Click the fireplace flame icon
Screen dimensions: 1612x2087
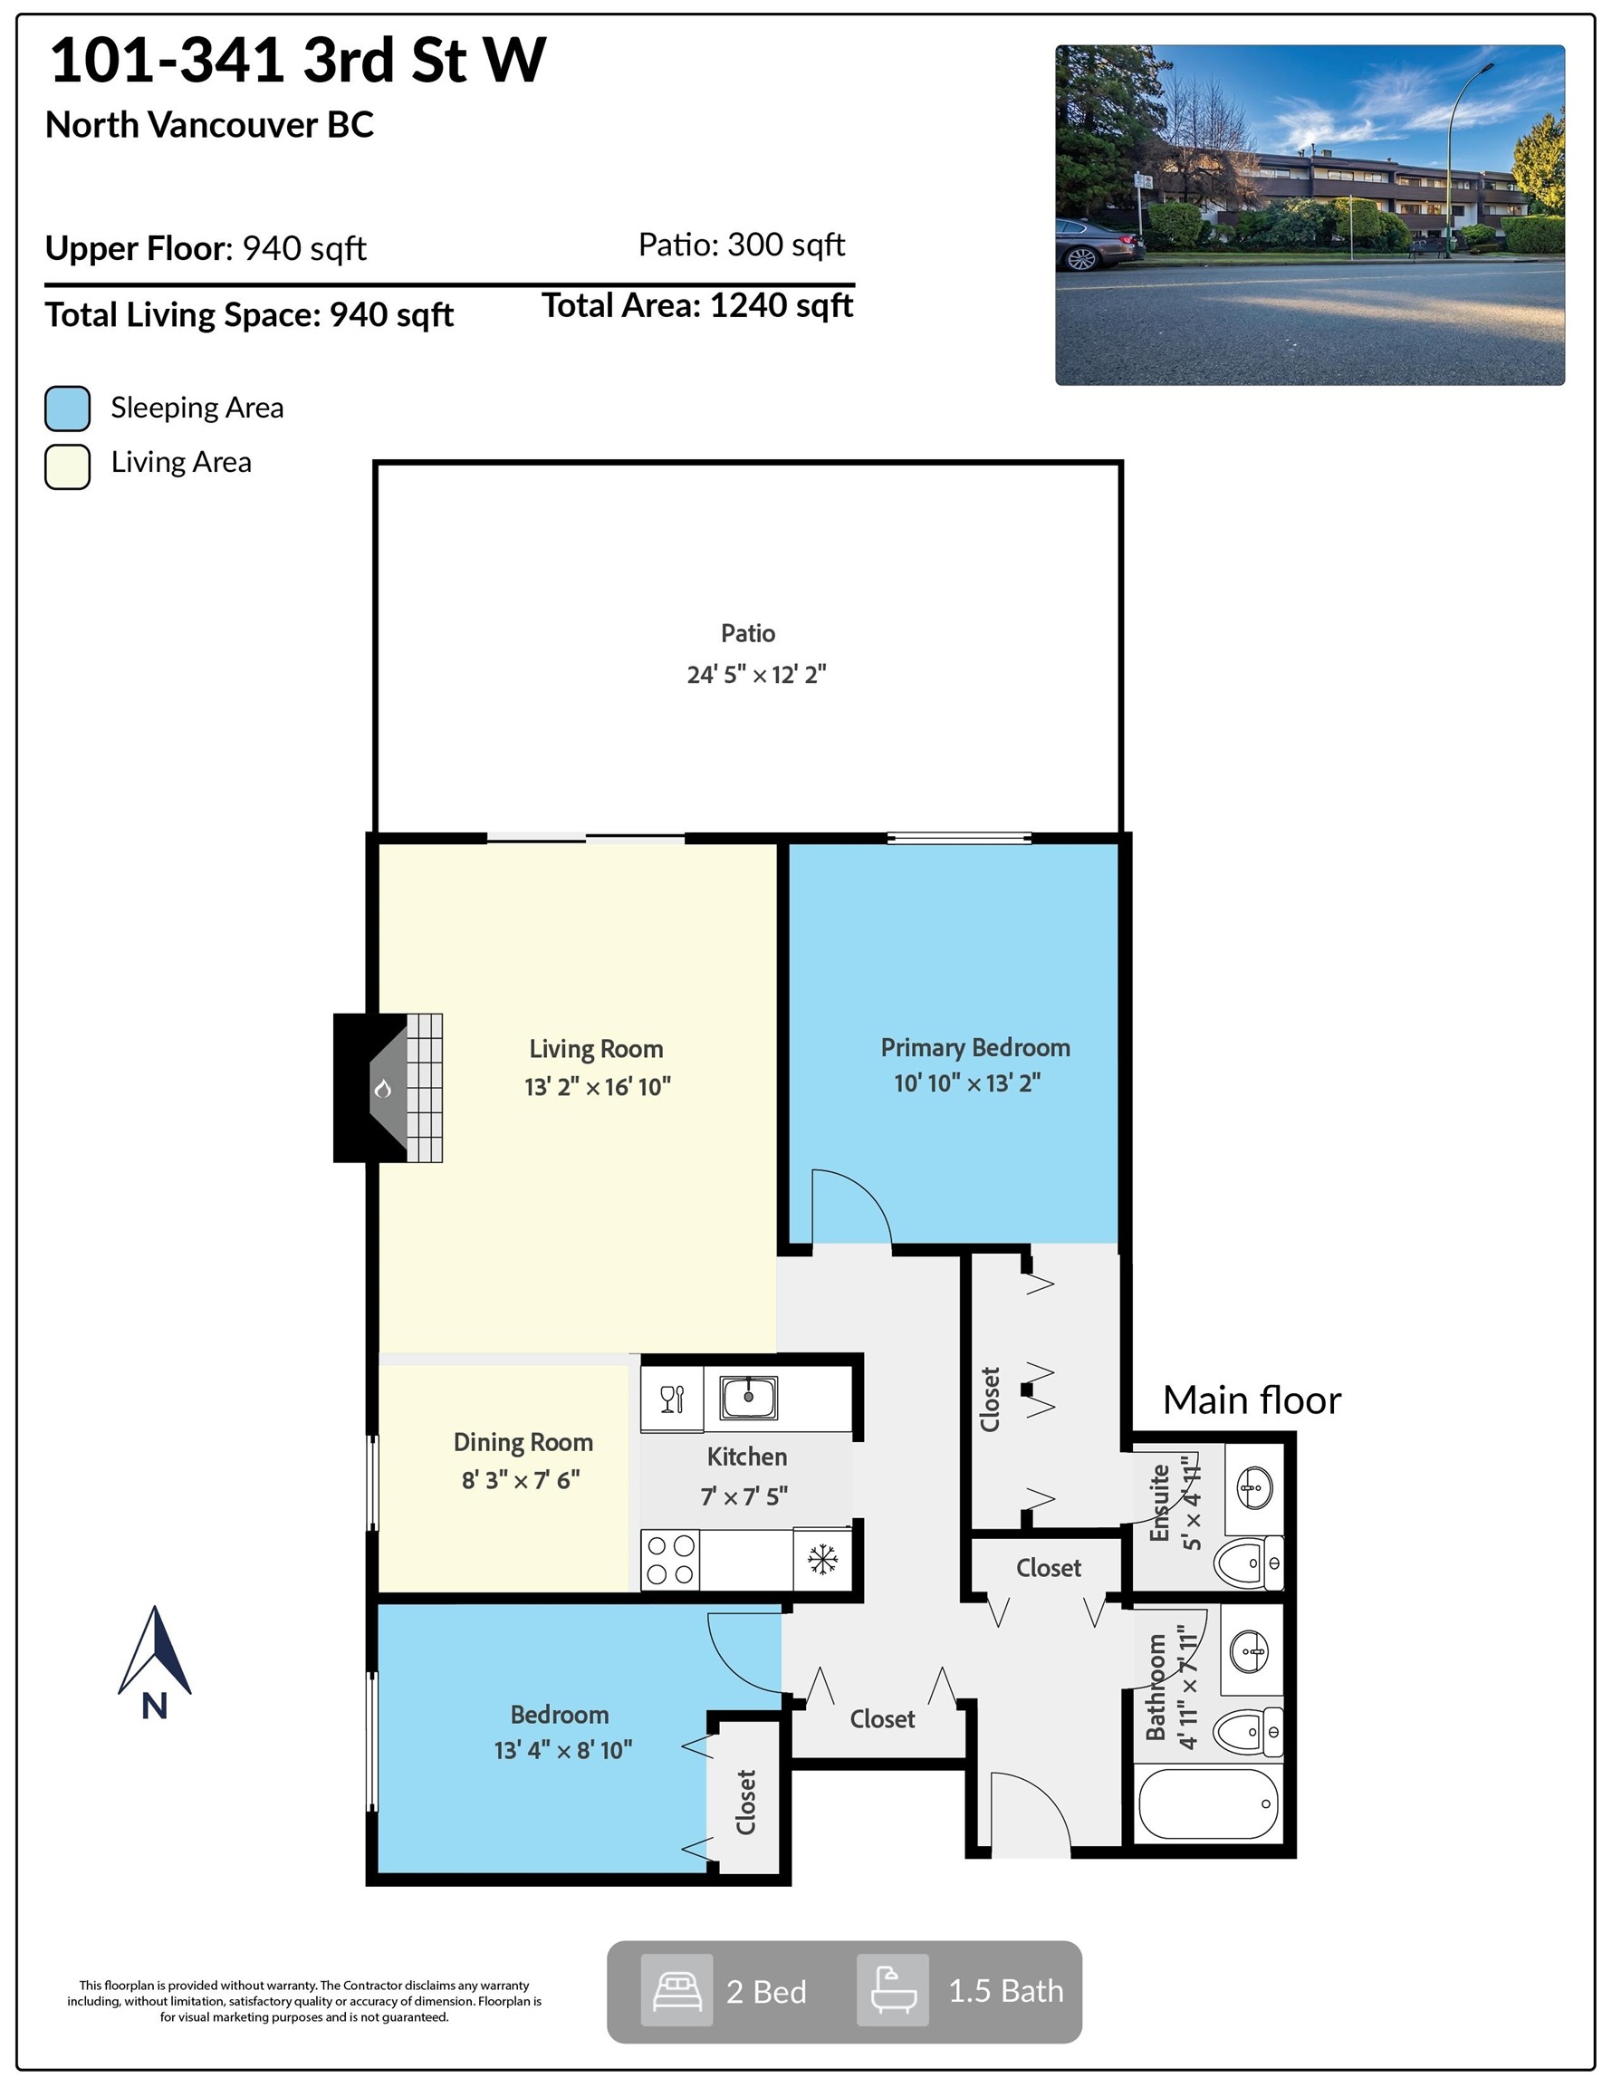pyautogui.click(x=383, y=1089)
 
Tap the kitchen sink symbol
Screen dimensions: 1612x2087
pyautogui.click(x=748, y=1398)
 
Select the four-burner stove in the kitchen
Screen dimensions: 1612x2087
pyautogui.click(x=670, y=1560)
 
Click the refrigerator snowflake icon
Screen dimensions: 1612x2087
pyautogui.click(x=822, y=1560)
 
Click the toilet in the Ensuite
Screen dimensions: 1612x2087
pyautogui.click(x=1248, y=1563)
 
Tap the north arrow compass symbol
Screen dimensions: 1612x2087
pyautogui.click(x=155, y=1664)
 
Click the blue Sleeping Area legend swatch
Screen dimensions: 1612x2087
pyautogui.click(x=68, y=409)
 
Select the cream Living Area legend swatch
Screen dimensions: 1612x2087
pyautogui.click(x=68, y=466)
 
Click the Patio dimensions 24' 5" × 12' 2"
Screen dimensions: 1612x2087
pyautogui.click(x=757, y=675)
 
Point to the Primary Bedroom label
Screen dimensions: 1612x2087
pyautogui.click(x=975, y=1048)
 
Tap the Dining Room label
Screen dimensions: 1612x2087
pyautogui.click(x=523, y=1442)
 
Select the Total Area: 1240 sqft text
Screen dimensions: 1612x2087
pyautogui.click(x=697, y=306)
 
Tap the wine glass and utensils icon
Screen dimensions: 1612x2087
pyautogui.click(x=673, y=1399)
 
